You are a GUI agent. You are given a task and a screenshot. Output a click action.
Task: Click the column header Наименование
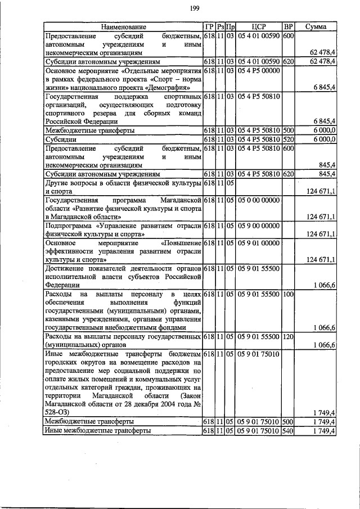pos(123,27)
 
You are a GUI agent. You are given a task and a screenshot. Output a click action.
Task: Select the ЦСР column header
pos(259,27)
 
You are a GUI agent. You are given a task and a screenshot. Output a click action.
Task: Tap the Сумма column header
pos(316,27)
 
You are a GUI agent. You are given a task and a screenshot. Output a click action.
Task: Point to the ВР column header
pos(288,27)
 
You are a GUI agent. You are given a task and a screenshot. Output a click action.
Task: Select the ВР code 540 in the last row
pos(288,431)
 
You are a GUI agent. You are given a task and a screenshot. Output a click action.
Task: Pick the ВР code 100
pos(288,294)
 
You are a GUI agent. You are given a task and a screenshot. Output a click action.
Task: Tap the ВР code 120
pos(288,336)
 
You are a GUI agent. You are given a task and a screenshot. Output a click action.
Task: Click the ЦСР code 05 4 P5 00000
pos(259,70)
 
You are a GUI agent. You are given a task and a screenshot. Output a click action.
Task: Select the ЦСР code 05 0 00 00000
pos(259,200)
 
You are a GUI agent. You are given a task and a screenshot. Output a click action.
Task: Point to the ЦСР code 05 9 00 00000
pos(259,226)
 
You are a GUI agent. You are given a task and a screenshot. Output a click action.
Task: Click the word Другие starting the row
pos(58,183)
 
